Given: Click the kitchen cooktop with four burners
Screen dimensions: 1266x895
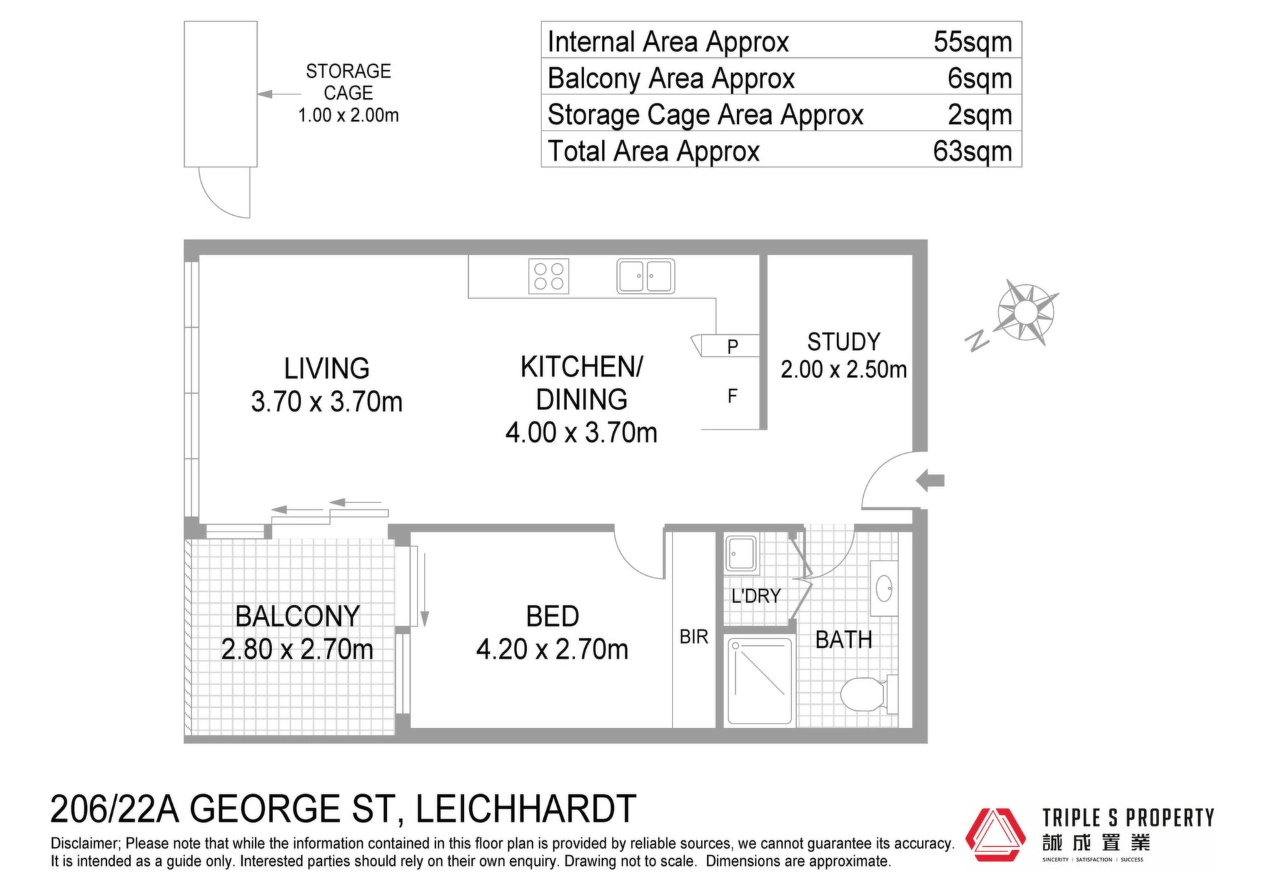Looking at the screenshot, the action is pyautogui.click(x=549, y=276).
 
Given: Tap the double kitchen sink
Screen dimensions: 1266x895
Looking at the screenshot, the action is pyautogui.click(x=646, y=276).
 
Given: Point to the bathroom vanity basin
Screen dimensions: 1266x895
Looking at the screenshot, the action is pyautogui.click(x=884, y=588).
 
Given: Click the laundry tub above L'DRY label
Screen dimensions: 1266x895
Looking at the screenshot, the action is pyautogui.click(x=741, y=553).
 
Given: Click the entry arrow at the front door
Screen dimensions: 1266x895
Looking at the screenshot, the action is pyautogui.click(x=930, y=480).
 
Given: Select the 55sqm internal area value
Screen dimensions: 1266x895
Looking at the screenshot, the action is pyautogui.click(x=973, y=42).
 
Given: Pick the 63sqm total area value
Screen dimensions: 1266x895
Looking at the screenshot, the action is pyautogui.click(x=973, y=151).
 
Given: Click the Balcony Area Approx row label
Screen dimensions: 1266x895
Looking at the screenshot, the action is pyautogui.click(x=671, y=78).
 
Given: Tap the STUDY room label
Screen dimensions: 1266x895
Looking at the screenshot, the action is pyautogui.click(x=844, y=342).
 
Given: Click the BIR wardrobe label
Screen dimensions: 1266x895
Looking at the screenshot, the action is pyautogui.click(x=694, y=636).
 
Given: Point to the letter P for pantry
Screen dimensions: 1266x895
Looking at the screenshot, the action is pyautogui.click(x=733, y=346).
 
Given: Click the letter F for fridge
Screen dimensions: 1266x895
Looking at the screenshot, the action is pyautogui.click(x=732, y=396).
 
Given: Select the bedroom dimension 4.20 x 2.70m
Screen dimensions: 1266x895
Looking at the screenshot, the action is pyautogui.click(x=552, y=649).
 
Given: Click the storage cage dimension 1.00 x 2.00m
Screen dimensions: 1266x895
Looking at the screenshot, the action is pyautogui.click(x=348, y=115).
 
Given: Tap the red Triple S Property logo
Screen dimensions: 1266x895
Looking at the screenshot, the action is pyautogui.click(x=996, y=834).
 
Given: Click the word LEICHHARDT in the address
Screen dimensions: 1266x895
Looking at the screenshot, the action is pyautogui.click(x=526, y=809).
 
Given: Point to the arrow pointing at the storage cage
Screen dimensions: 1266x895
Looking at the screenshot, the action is pyautogui.click(x=279, y=94).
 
